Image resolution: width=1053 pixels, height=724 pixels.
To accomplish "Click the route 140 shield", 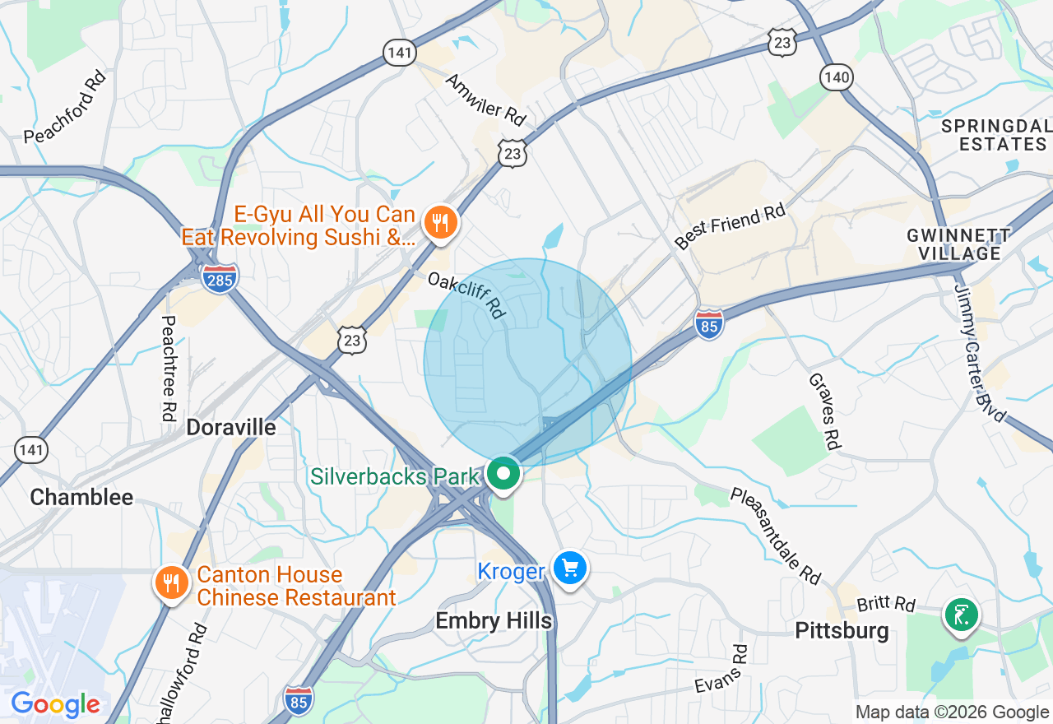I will pyautogui.click(x=836, y=78).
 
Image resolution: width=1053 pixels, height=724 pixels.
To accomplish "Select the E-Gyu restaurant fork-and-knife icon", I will pyautogui.click(x=441, y=222).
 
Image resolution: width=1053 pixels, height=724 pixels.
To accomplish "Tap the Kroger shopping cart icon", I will pyautogui.click(x=569, y=569).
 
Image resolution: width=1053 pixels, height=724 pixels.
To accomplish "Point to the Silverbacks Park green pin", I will pyautogui.click(x=503, y=475).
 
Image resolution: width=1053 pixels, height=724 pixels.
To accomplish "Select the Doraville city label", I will pyautogui.click(x=231, y=427).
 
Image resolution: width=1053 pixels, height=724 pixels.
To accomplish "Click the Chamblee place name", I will pyautogui.click(x=81, y=497).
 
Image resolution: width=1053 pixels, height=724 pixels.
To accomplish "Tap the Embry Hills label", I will pyautogui.click(x=494, y=620).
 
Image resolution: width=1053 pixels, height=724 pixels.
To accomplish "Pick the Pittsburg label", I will pyautogui.click(x=842, y=631).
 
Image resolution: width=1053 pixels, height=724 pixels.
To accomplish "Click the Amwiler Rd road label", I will pyautogui.click(x=485, y=100).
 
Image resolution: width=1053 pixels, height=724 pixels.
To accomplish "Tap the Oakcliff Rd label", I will pyautogui.click(x=466, y=295).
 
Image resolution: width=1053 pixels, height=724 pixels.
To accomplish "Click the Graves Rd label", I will pyautogui.click(x=824, y=411).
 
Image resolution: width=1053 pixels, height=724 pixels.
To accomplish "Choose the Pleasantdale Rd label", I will pyautogui.click(x=776, y=535).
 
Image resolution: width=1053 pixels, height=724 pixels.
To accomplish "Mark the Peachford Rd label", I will pyautogui.click(x=66, y=108).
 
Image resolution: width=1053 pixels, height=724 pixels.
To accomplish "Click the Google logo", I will pyautogui.click(x=55, y=705).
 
